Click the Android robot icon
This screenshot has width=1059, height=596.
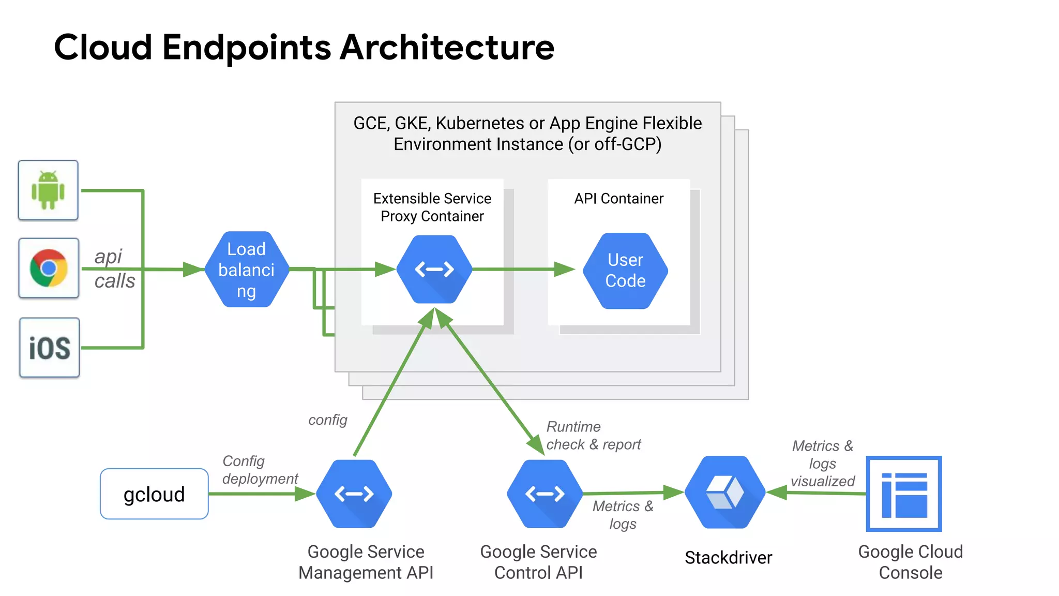(48, 190)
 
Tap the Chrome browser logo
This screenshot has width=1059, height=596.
(49, 268)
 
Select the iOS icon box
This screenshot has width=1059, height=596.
(50, 348)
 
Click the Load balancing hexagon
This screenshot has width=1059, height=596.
(247, 270)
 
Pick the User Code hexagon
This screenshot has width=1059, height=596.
(625, 271)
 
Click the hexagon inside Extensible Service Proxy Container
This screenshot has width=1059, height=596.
(434, 270)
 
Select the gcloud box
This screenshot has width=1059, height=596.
(154, 494)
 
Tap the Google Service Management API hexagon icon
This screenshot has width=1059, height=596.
(354, 494)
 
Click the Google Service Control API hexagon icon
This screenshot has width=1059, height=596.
(545, 494)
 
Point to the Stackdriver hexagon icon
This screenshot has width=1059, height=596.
(725, 492)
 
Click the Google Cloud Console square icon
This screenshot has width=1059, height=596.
(904, 494)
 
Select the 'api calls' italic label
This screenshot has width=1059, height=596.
(114, 269)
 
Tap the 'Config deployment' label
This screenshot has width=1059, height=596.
(260, 470)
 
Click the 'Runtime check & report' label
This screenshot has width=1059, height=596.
(593, 436)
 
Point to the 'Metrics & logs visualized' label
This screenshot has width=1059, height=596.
(822, 464)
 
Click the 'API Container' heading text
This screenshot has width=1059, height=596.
(618, 199)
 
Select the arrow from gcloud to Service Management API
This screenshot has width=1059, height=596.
(259, 494)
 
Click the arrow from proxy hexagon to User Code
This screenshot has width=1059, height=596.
(522, 269)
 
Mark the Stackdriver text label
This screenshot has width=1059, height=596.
(728, 558)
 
